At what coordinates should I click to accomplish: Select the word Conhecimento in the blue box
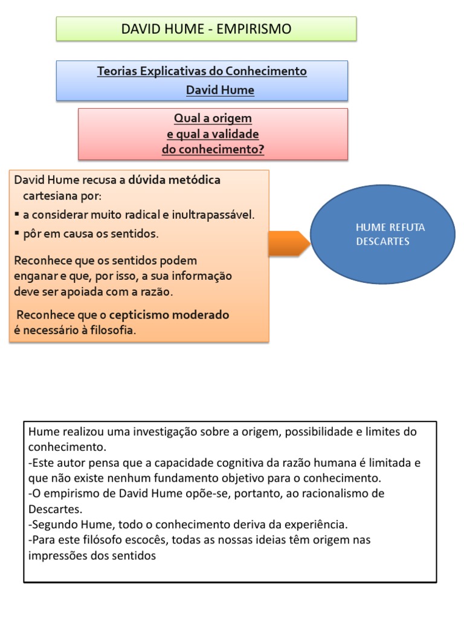click(266, 71)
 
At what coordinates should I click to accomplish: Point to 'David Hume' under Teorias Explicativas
click(220, 91)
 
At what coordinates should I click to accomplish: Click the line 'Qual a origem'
click(213, 118)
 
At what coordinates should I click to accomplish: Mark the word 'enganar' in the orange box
click(33, 276)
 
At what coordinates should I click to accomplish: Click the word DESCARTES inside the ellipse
click(383, 242)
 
